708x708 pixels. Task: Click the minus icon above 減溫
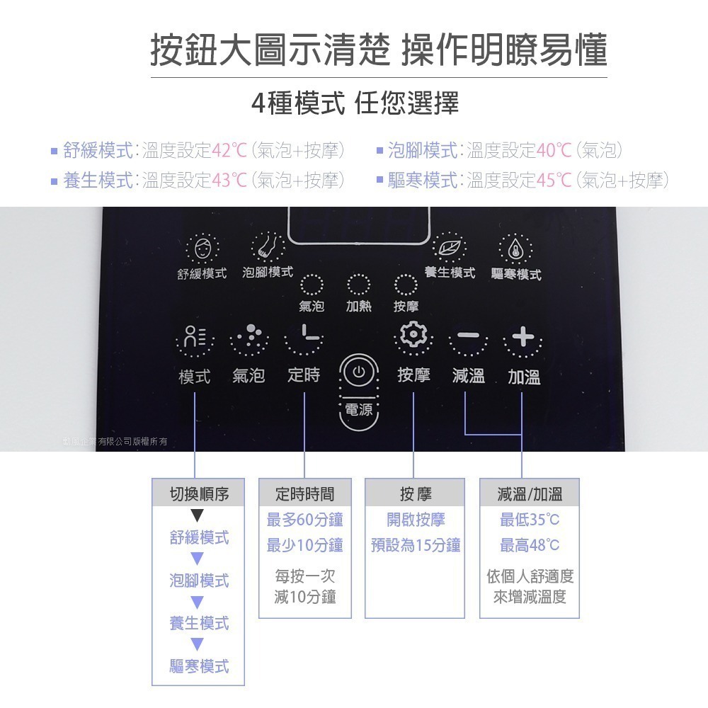pos(468,336)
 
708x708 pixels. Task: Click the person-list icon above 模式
pos(194,338)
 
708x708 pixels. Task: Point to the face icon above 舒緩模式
pos(202,249)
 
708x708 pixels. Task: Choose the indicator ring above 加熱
pos(358,285)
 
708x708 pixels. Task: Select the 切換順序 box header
pos(199,493)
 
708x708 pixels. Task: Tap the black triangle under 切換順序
pos(198,517)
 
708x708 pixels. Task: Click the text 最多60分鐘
pos(304,520)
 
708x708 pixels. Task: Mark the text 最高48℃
pos(530,545)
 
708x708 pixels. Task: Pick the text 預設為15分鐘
pos(416,545)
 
